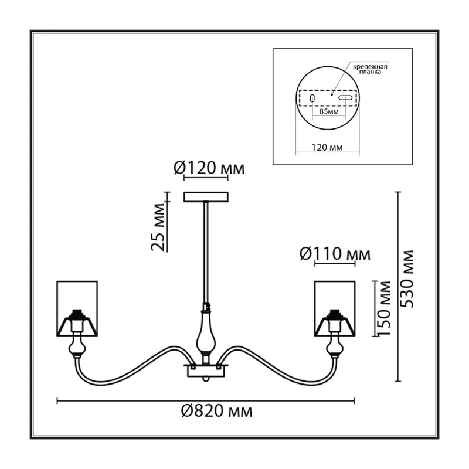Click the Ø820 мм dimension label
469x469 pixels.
click(217, 411)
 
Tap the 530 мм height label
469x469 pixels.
click(407, 279)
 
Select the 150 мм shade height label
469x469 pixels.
click(384, 308)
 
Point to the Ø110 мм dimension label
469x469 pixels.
click(335, 254)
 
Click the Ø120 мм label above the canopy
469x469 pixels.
click(209, 168)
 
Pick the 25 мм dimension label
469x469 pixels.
click(158, 227)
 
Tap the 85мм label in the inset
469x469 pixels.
click(329, 111)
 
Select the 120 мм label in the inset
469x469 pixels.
click(327, 147)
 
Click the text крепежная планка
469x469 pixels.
click(370, 69)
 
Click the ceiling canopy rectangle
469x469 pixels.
click(206, 197)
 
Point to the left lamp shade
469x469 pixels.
click(77, 308)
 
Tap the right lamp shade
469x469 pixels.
click(335, 308)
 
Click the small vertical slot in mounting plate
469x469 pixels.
click(312, 98)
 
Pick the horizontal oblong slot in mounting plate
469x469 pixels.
click(345, 98)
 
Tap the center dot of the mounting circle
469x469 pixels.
click(332, 94)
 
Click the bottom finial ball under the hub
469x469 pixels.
click(206, 379)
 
